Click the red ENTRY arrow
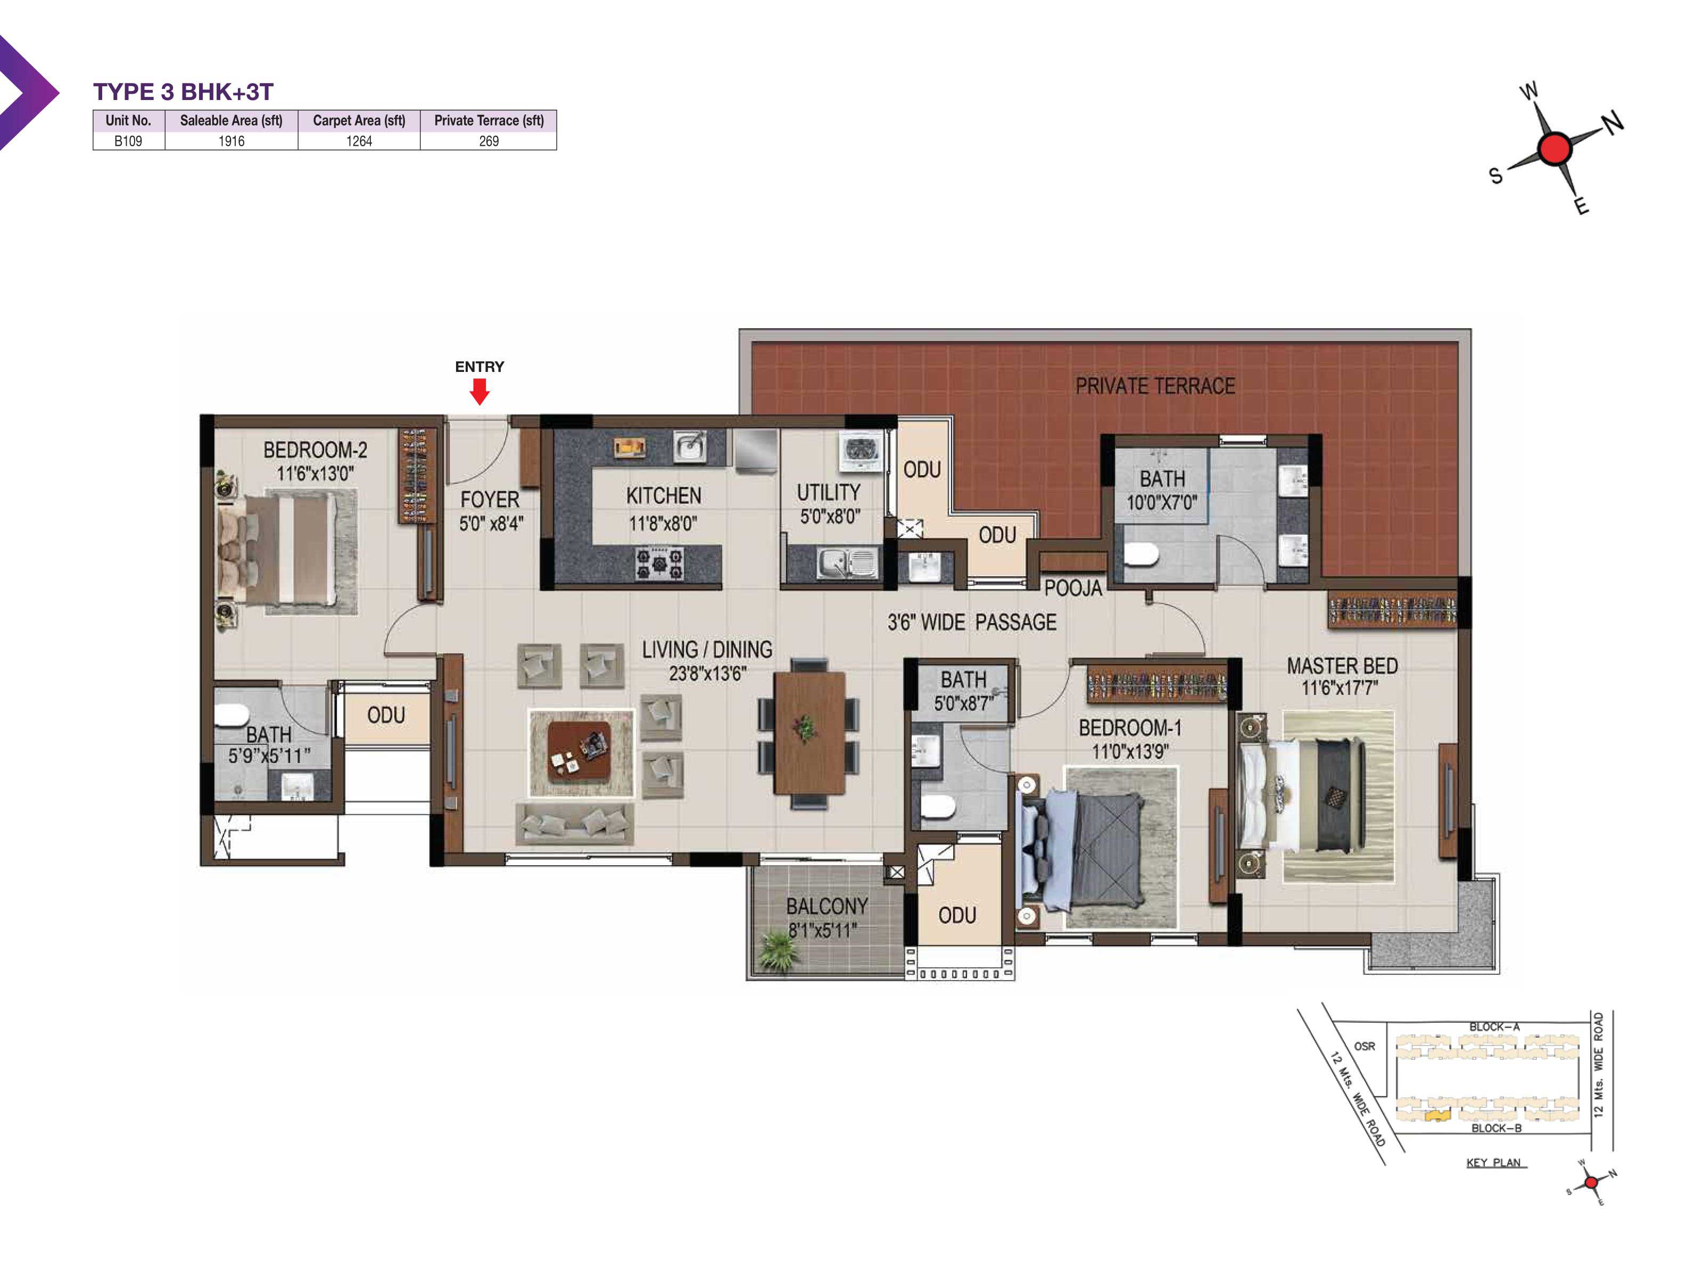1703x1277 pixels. (480, 392)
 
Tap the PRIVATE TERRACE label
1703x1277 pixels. (1155, 386)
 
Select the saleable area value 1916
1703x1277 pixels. (231, 141)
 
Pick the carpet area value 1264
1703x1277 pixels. (359, 141)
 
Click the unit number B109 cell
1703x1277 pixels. (128, 141)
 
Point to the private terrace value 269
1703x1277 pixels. (489, 141)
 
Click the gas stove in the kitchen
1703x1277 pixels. (659, 563)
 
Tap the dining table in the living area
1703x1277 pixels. (808, 732)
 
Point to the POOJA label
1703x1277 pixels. (1073, 588)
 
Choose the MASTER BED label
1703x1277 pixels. (1342, 666)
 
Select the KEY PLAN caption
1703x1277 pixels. (1494, 1162)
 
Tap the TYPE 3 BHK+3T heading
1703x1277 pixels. (183, 92)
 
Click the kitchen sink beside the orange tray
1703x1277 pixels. (690, 446)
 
